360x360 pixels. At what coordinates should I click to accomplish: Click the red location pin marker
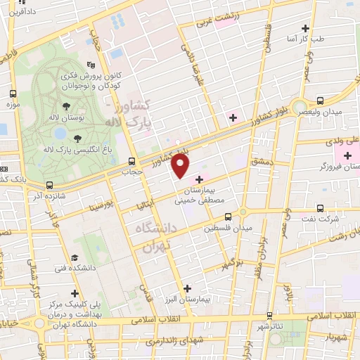pos(181,166)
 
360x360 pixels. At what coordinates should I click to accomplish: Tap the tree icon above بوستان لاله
pos(66,107)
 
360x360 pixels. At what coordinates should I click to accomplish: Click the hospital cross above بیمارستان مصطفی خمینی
pos(200,179)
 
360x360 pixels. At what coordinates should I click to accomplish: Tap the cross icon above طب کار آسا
pos(304,29)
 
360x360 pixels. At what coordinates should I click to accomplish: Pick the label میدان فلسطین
pos(227,229)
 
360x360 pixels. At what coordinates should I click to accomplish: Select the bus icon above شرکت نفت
pos(320,208)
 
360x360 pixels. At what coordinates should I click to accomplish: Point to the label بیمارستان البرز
pos(198,298)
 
